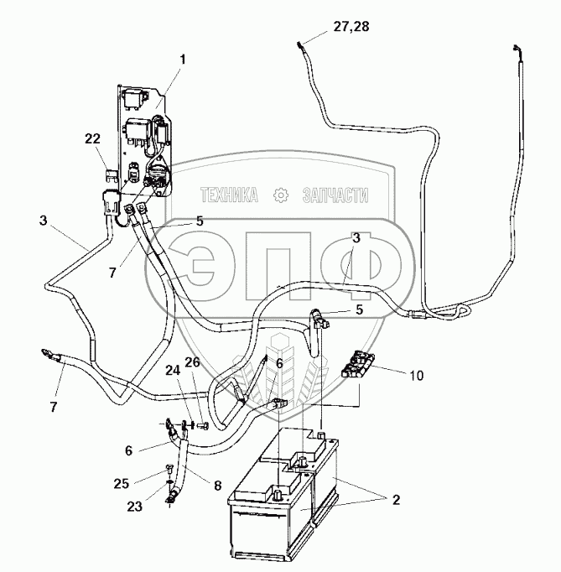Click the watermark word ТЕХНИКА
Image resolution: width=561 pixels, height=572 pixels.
point(227,195)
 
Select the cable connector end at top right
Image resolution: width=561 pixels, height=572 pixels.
point(519,52)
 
